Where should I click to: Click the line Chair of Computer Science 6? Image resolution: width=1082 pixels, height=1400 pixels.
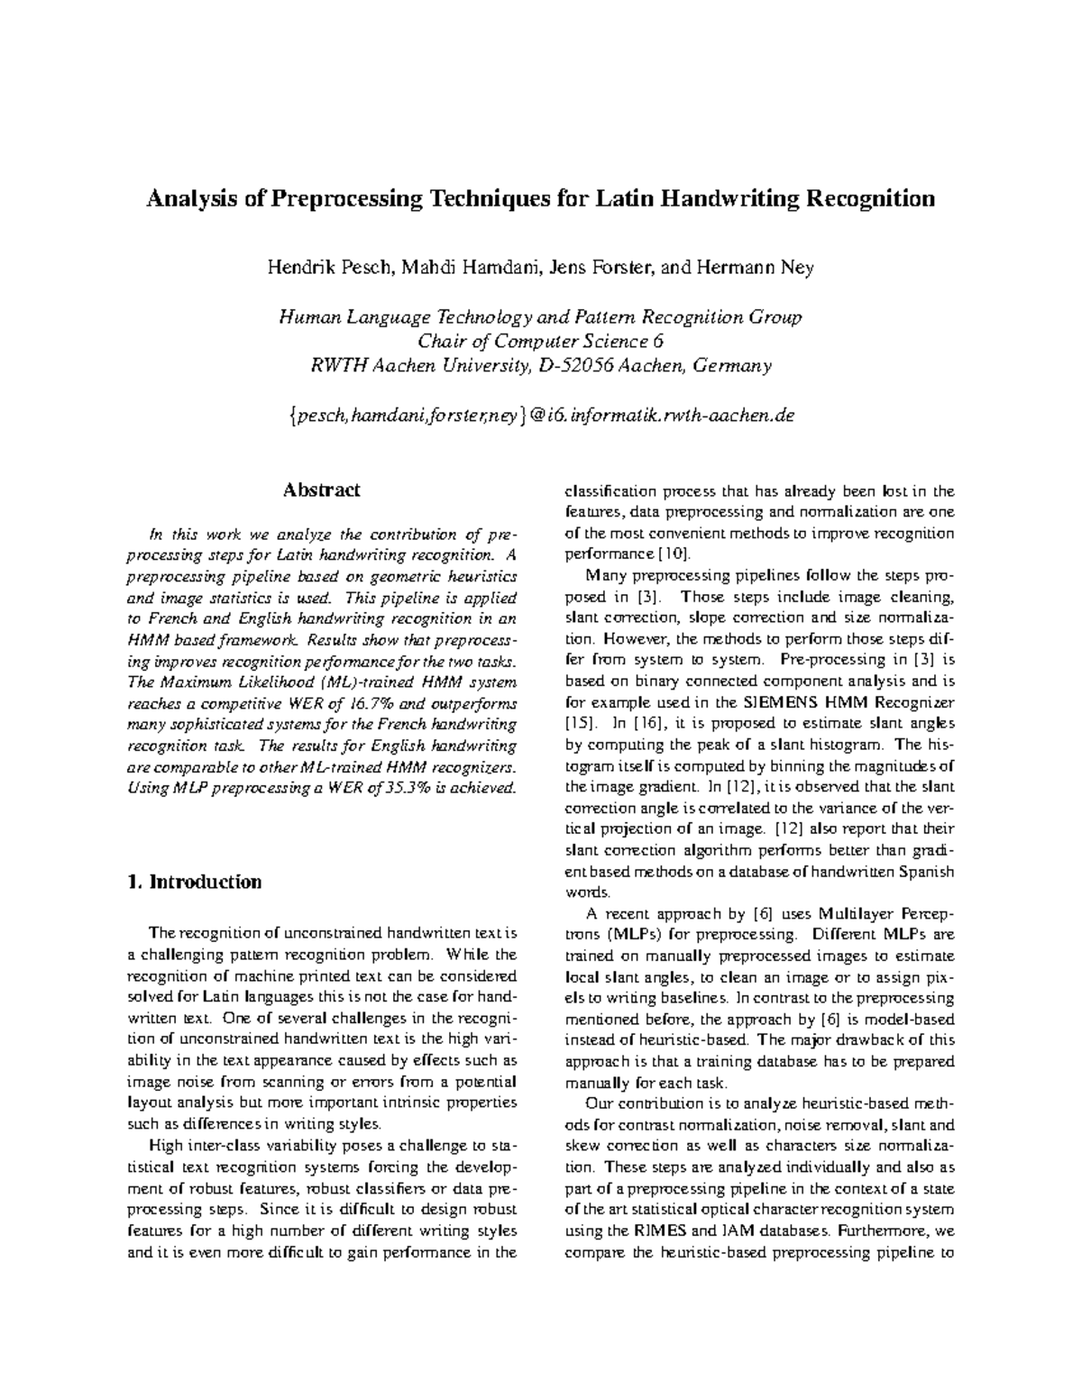coord(540,342)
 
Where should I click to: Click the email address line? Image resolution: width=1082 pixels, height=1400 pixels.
coord(540,416)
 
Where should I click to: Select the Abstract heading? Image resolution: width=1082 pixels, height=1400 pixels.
coord(321,490)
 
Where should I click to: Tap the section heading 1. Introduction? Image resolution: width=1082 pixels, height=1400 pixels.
coord(196,883)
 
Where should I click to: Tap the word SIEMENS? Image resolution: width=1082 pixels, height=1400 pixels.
coord(784,702)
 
